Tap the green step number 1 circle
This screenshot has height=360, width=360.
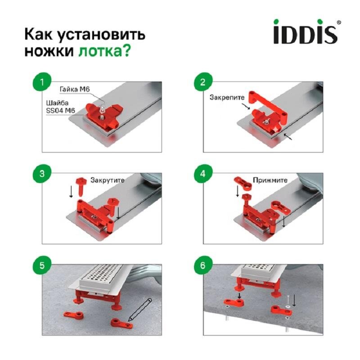pos(42,82)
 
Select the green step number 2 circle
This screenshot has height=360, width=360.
pos(202,82)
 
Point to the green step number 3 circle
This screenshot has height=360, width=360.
pos(42,175)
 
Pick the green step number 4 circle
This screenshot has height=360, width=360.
pos(202,175)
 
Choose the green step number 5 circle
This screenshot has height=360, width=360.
pos(42,265)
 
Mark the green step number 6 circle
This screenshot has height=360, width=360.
pos(202,265)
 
